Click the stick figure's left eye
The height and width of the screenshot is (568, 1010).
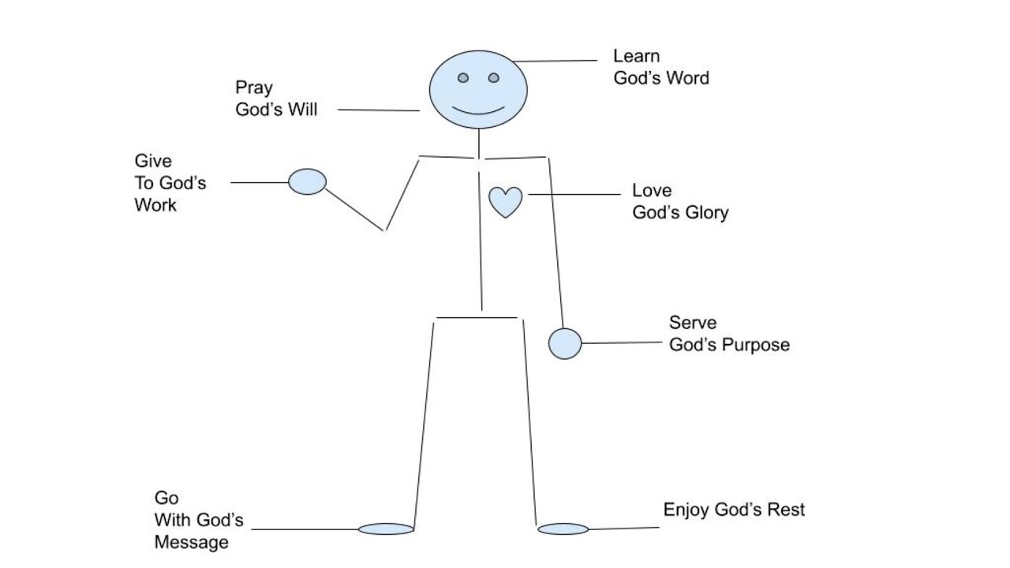point(463,78)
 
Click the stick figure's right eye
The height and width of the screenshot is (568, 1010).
point(493,78)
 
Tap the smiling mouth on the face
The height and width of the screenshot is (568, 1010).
point(478,110)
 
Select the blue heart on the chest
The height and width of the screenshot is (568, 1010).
point(505,201)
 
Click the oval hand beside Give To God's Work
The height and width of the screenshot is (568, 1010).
point(307,181)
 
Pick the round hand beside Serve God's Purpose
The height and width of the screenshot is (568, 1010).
point(565,343)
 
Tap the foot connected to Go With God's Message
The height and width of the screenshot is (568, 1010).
point(386,529)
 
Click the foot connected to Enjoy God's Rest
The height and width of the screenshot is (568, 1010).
point(563,529)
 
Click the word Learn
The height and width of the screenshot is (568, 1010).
point(636,56)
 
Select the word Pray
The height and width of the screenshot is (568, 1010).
point(253,88)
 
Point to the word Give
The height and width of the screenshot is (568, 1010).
point(152,161)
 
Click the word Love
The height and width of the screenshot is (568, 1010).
point(652,191)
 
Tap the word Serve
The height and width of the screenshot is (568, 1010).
point(693,323)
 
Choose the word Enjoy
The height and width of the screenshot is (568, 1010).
point(686,510)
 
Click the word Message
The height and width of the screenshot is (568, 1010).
point(191,543)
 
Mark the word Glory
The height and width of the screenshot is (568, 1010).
point(705,213)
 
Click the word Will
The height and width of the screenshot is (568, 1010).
point(303,110)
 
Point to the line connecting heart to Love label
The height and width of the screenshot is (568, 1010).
point(574,194)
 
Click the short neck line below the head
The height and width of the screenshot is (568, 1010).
point(478,143)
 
